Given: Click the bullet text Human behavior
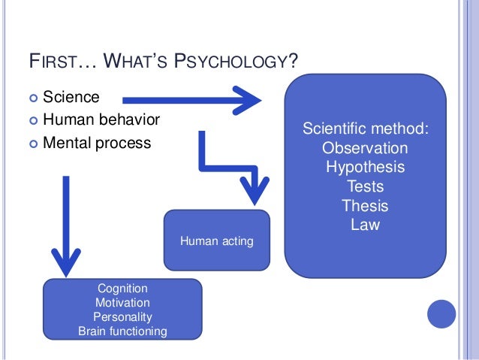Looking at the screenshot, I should (101, 119).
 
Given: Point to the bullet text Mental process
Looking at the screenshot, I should (97, 142).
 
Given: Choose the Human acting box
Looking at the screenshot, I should (216, 241).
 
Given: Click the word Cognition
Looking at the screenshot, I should (122, 288).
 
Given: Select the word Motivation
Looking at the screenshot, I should (122, 302).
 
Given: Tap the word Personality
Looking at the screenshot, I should (122, 316).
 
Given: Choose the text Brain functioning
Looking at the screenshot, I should (122, 331).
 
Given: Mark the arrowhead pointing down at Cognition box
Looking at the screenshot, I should (66, 262).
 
